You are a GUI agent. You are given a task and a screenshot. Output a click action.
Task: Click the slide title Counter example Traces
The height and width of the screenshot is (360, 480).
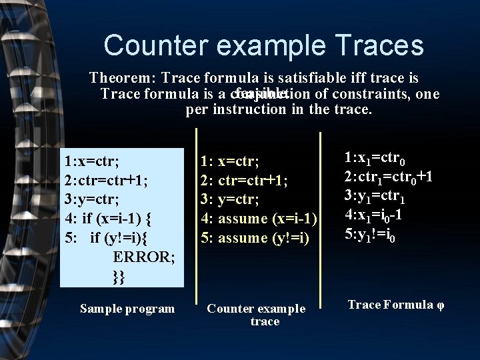(263, 45)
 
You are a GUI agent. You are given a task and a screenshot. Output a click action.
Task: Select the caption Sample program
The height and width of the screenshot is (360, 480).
(127, 309)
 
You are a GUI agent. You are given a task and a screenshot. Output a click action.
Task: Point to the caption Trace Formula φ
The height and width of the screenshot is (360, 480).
(395, 305)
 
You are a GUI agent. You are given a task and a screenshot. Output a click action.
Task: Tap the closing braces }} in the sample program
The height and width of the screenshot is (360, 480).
(119, 276)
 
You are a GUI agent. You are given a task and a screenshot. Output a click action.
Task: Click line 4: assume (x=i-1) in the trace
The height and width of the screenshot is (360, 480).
(258, 219)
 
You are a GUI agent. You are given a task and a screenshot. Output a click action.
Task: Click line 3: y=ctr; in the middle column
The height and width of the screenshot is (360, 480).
(230, 199)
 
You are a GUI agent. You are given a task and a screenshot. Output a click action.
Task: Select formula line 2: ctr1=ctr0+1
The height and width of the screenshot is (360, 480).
(388, 177)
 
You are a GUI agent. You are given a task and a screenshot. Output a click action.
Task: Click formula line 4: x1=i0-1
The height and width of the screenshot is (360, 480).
(373, 215)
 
